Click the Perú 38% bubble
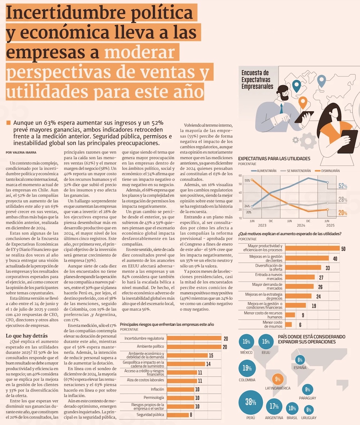[x=251, y=402]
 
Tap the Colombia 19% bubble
[x=247, y=368]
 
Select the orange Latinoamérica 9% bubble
[x=277, y=379]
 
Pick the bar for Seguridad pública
[x=178, y=415]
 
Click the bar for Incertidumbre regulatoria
[x=194, y=339]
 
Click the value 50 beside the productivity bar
[x=343, y=249]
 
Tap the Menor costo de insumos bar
[x=289, y=324]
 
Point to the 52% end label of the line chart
[x=343, y=186]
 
